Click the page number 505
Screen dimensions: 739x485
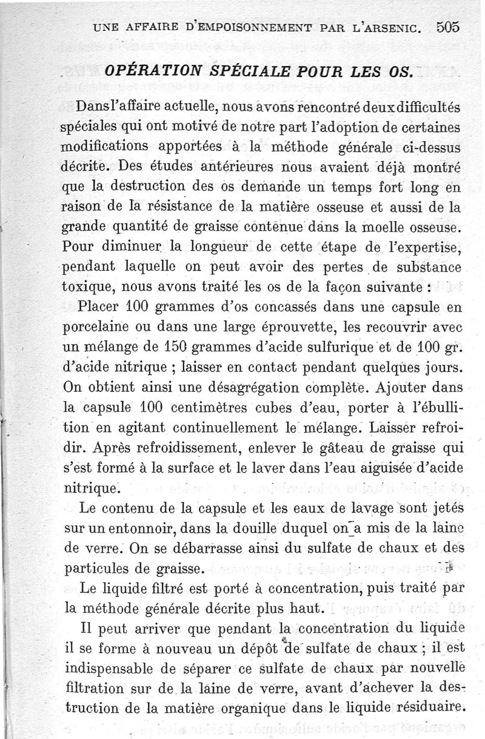pos(447,27)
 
